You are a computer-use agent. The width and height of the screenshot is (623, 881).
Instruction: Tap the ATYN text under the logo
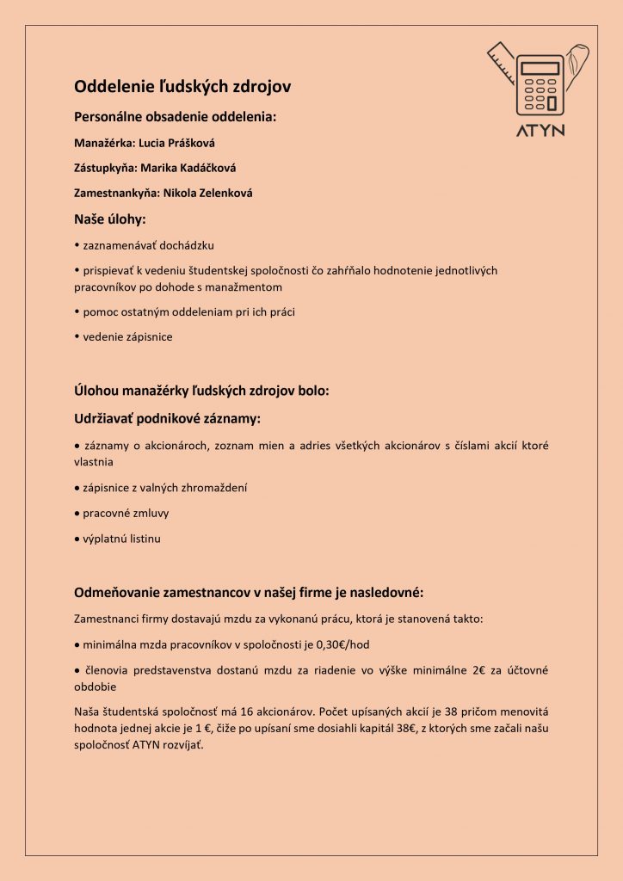pos(540,131)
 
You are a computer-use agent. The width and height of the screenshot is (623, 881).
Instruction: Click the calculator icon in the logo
pos(540,83)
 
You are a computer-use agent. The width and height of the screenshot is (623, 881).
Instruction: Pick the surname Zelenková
pos(216,193)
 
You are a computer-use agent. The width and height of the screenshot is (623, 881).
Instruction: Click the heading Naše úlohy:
pos(110,219)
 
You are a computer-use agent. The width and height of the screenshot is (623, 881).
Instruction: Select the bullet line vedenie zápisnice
pos(127,336)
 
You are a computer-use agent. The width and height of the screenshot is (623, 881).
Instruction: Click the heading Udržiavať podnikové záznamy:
pos(167,418)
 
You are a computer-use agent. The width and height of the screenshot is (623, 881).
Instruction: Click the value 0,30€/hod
pos(343,644)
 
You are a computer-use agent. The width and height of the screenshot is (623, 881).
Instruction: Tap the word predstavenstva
pos(184,669)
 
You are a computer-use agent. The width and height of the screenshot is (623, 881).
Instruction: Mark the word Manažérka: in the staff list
pos(98,142)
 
